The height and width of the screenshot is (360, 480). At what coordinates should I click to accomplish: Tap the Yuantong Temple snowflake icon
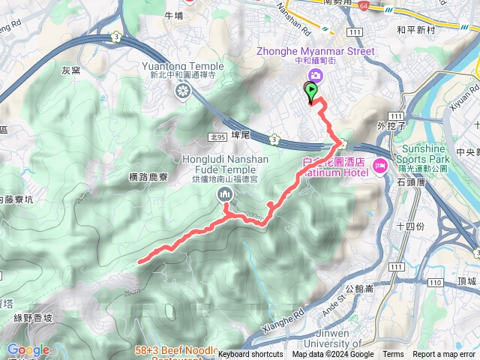coord(182,91)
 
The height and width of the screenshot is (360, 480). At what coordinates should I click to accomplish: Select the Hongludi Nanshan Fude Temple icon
coord(225,196)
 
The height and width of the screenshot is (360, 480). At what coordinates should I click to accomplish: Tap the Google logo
coord(28,349)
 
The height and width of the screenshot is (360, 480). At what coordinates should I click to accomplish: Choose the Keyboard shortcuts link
coord(250,355)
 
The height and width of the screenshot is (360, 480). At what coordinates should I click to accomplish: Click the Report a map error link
coord(445,355)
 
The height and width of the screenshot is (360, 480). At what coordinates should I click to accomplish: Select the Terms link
coord(393,355)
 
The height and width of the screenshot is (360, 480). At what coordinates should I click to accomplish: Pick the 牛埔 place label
coord(173,14)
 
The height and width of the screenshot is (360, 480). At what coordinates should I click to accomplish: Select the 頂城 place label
coord(465,280)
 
